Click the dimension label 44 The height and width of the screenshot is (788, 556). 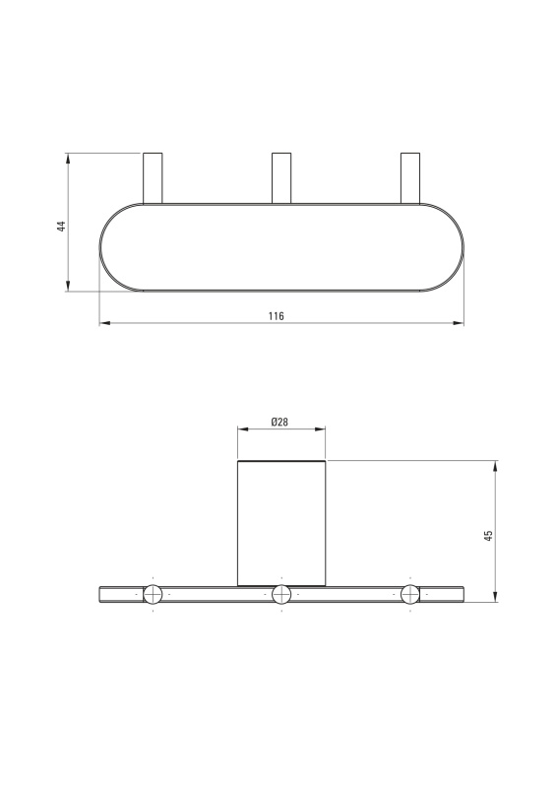pyautogui.click(x=62, y=226)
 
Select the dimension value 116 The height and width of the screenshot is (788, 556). pyautogui.click(x=276, y=316)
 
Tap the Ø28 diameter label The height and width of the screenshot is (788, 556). pyautogui.click(x=279, y=423)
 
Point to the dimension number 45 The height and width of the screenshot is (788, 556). pyautogui.click(x=488, y=535)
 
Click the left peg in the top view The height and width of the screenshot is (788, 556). pyautogui.click(x=153, y=178)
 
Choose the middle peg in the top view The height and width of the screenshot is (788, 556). pyautogui.click(x=281, y=178)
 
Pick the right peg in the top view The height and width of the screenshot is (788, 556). pyautogui.click(x=409, y=178)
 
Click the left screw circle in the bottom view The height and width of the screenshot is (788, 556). pyautogui.click(x=153, y=595)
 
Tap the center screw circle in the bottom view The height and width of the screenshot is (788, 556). pyautogui.click(x=281, y=595)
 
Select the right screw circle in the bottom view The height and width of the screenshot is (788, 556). pyautogui.click(x=410, y=595)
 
